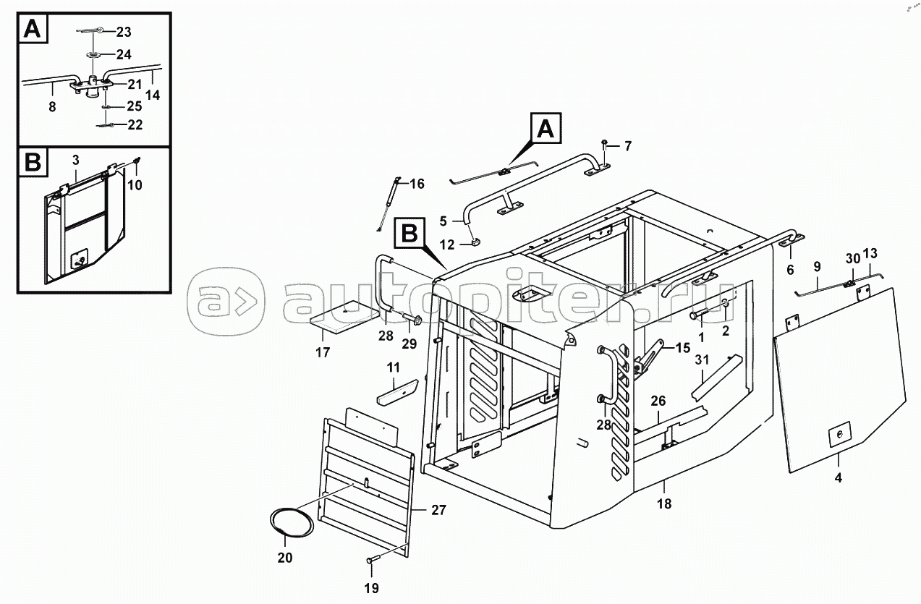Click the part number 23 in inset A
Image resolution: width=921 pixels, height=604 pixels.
(x=123, y=32)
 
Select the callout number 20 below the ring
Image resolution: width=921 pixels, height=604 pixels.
(x=285, y=558)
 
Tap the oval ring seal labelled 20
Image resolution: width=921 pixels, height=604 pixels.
(x=292, y=522)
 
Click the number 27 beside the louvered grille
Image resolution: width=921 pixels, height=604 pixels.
(x=438, y=510)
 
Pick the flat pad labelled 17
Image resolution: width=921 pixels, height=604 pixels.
(x=344, y=317)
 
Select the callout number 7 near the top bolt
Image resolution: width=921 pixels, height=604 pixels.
(x=627, y=146)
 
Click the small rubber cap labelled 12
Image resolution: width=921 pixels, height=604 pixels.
(x=476, y=242)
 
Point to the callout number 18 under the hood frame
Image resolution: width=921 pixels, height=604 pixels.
(x=664, y=503)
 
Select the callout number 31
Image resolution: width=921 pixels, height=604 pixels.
(x=702, y=360)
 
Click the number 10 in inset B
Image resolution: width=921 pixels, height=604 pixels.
(x=135, y=185)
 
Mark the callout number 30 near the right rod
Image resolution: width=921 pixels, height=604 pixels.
(x=853, y=258)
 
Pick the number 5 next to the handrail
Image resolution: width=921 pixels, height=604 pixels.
(x=443, y=221)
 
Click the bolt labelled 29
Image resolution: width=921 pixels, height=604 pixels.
(x=411, y=320)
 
